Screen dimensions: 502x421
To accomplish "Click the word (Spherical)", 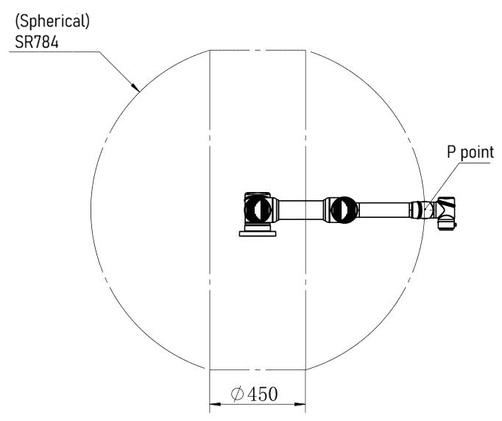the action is click(x=52, y=21).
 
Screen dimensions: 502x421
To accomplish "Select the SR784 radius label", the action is click(x=37, y=42).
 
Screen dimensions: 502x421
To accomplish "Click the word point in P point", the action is click(x=477, y=152).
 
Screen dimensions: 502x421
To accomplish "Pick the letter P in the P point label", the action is click(x=451, y=152).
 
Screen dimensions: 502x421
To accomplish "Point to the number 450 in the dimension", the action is click(x=263, y=394).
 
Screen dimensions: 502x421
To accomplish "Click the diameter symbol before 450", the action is click(x=237, y=394).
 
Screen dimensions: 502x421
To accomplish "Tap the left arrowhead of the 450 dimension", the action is click(x=215, y=404).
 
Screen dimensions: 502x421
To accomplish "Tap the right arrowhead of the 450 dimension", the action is click(x=300, y=404).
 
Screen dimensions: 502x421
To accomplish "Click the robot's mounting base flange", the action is click(x=258, y=233).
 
